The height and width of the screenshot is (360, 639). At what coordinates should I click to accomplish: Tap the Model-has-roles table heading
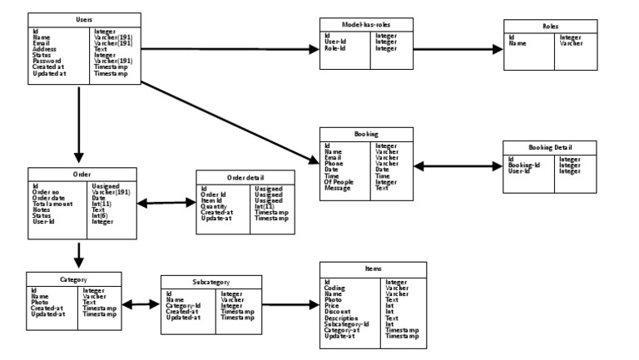366,25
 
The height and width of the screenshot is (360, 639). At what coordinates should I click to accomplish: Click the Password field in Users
47,61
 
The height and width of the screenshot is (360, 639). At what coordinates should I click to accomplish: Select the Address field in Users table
45,49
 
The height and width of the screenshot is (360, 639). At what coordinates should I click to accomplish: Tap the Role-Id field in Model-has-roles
336,48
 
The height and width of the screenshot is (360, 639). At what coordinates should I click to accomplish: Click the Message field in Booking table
338,188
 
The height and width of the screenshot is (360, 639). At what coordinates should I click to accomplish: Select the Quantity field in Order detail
215,206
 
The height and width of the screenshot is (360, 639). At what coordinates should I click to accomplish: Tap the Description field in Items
342,318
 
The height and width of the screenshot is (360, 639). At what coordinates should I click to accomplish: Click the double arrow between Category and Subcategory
139,303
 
